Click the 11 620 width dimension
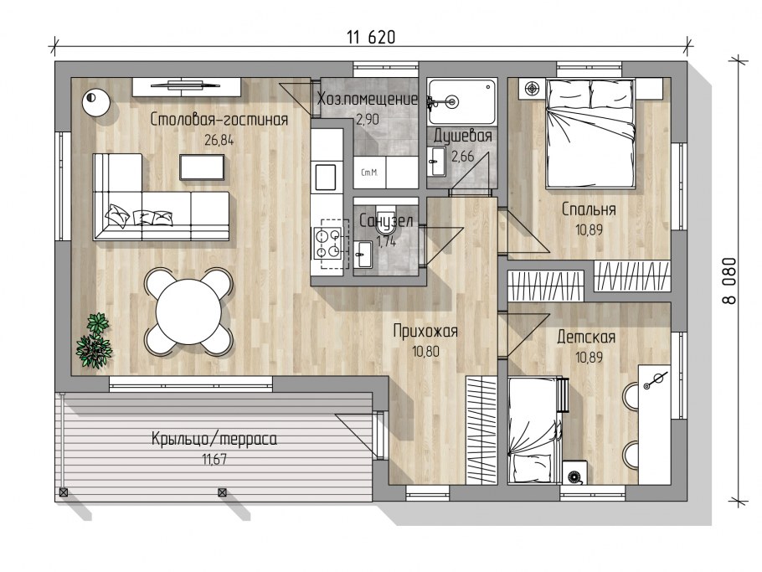pos(371,37)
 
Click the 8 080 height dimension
pos(729,281)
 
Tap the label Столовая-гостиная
pos(219,119)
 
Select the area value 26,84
pos(219,141)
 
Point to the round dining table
pos(188,311)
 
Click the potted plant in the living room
pos(95,340)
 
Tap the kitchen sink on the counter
pos(325,178)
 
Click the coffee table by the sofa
pos(202,167)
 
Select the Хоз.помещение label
pos(368,99)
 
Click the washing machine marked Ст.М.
pos(370,173)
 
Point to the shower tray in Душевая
pos(462,101)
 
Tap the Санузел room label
pos(386,221)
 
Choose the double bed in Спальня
pos(590,134)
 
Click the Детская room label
pos(586,337)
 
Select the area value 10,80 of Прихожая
pos(425,352)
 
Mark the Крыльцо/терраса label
pos(214,440)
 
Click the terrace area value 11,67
pos(214,459)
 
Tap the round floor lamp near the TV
pos(95,101)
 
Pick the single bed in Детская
pos(536,430)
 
